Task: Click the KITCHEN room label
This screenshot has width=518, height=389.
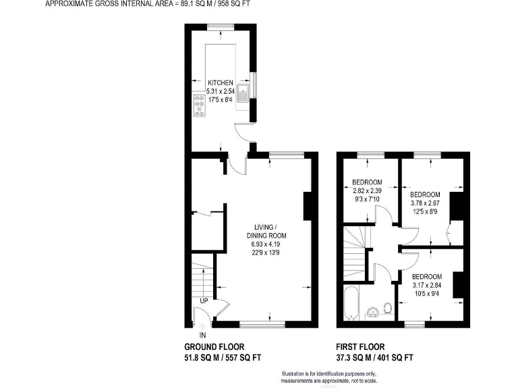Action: coord(221,82)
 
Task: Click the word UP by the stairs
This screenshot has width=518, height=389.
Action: coord(203,301)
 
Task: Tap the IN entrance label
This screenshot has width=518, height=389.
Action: coord(202,334)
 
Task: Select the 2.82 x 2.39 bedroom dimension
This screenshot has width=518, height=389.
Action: coord(368,191)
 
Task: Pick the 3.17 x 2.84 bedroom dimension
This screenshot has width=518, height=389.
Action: coord(427,286)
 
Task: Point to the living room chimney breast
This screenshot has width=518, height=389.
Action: coord(308,206)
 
